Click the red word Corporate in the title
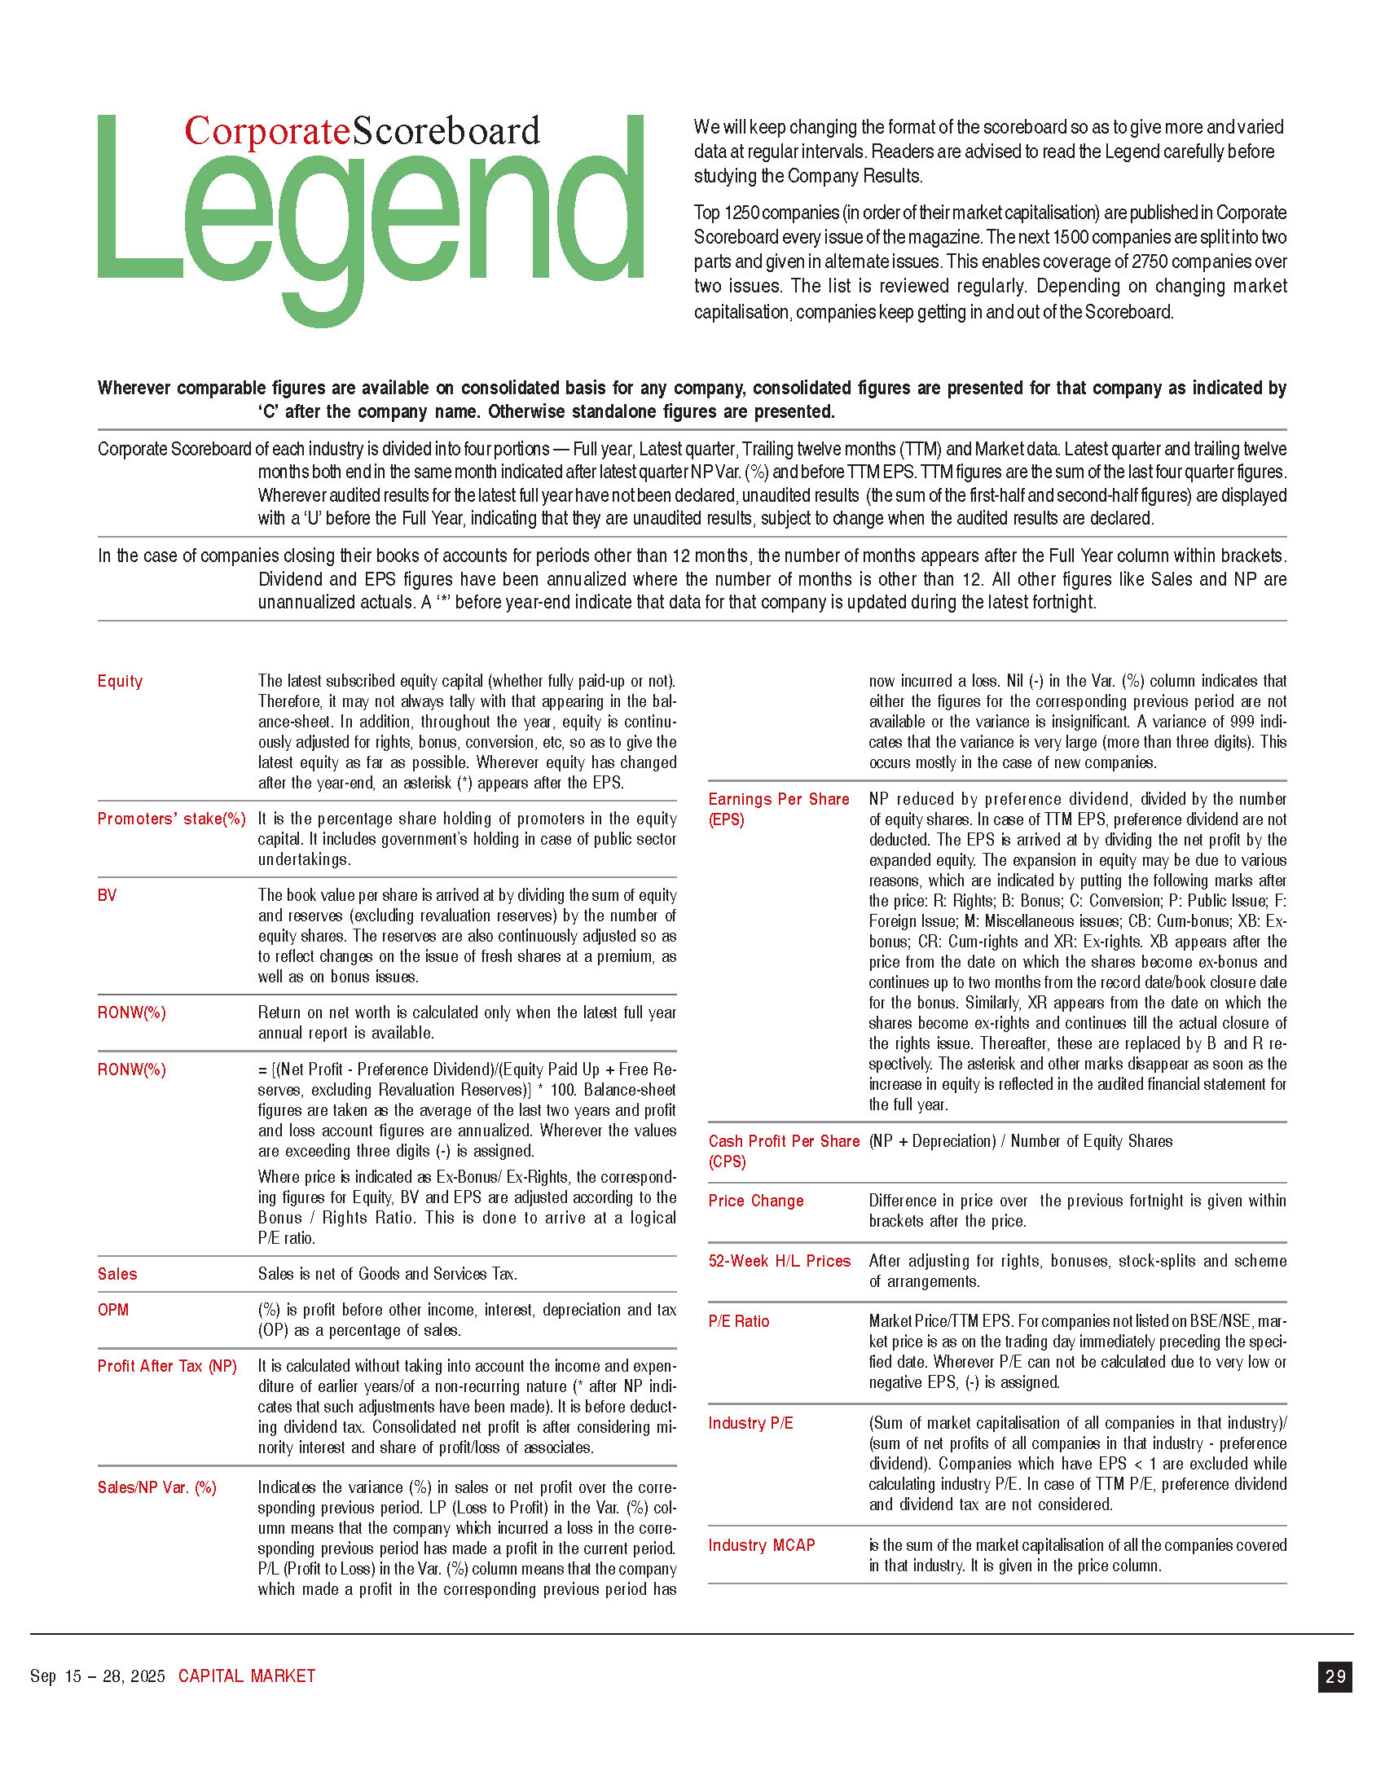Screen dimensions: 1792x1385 [266, 131]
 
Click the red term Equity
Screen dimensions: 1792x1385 [120, 681]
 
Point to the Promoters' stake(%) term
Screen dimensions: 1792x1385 [171, 819]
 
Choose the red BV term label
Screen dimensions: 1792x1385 [107, 895]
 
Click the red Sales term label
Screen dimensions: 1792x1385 [117, 1274]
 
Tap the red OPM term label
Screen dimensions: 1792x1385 [113, 1310]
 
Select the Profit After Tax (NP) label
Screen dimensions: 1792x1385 [166, 1366]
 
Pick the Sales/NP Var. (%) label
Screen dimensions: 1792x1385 [156, 1487]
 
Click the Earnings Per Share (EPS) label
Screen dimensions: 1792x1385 [778, 809]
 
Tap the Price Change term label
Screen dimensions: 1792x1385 [756, 1201]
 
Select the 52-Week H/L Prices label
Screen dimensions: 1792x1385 [780, 1261]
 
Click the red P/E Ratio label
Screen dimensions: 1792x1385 [738, 1321]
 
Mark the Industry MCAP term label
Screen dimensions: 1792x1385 [762, 1545]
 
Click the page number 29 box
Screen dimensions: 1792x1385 [1335, 1676]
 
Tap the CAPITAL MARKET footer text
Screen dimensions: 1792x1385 [247, 1676]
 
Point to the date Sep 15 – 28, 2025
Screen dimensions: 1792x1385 [98, 1676]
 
